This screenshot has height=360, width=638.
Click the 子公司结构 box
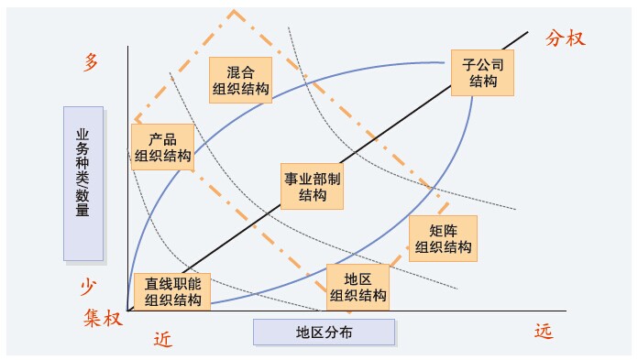point(483,71)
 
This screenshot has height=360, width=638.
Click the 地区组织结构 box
point(357,286)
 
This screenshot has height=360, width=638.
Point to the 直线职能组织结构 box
point(172,290)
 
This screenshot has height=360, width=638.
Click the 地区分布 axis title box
point(324,332)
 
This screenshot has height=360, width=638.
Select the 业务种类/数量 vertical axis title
point(83,182)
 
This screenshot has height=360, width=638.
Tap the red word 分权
point(565,38)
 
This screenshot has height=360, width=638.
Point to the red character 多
point(91,62)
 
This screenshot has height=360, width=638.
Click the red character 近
point(161,339)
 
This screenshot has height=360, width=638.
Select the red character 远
point(544,332)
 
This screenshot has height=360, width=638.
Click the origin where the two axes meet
point(128,311)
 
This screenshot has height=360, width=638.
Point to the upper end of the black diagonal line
point(529,32)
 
